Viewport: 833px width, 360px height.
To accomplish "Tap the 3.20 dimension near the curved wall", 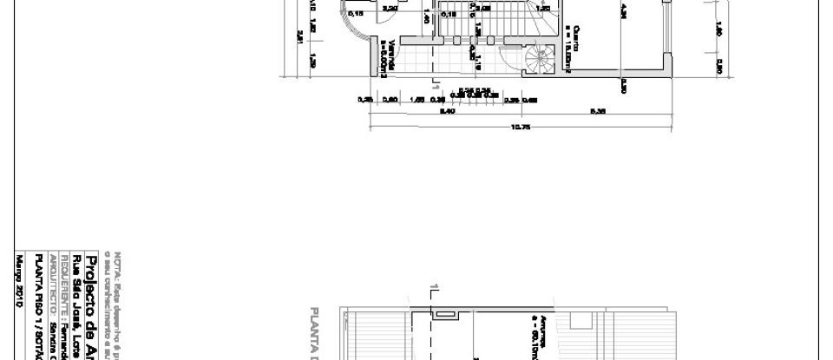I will tap(390, 9).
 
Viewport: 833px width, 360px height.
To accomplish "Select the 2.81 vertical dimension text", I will tap(299, 36).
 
